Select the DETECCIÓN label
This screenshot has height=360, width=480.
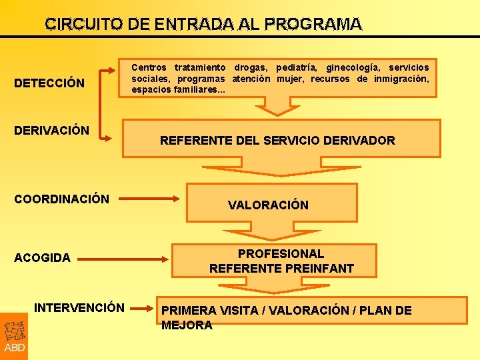49,83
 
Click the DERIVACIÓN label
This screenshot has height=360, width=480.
51,129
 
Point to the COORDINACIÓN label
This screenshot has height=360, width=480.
61,199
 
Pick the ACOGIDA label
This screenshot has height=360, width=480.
42,257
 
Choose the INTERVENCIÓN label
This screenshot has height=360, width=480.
79,307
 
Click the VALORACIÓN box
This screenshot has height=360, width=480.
268,205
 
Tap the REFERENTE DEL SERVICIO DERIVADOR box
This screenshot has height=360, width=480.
277,140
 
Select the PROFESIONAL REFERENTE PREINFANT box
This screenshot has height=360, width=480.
281,261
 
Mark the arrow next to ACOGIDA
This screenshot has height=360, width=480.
127,257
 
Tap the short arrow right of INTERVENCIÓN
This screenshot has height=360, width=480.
142,308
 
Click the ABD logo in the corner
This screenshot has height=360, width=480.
14,337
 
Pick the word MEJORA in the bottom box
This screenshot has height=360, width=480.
187,325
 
